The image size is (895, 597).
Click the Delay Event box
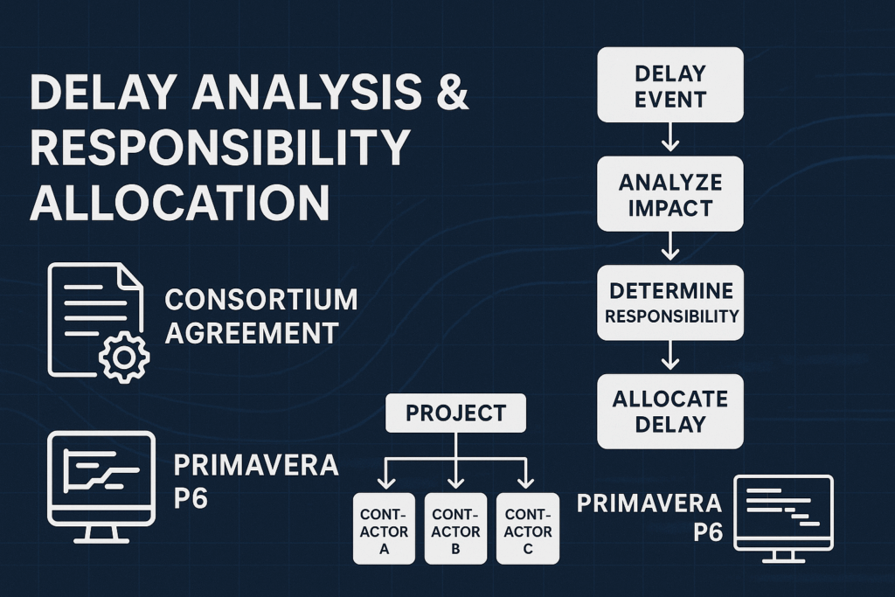pyautogui.click(x=670, y=84)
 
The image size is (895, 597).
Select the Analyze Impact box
pyautogui.click(x=670, y=196)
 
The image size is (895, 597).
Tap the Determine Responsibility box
pyautogui.click(x=670, y=302)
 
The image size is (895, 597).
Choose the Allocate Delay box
pyautogui.click(x=670, y=411)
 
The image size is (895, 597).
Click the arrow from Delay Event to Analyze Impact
pyautogui.click(x=670, y=136)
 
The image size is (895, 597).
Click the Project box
pyautogui.click(x=455, y=413)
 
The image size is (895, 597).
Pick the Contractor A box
pyautogui.click(x=383, y=528)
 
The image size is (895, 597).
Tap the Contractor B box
pyautogui.click(x=455, y=528)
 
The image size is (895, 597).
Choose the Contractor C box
pyautogui.click(x=528, y=528)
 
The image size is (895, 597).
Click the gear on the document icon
pyautogui.click(x=124, y=357)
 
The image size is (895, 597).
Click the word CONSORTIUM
pyautogui.click(x=261, y=299)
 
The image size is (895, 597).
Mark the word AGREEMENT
pyautogui.click(x=252, y=332)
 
